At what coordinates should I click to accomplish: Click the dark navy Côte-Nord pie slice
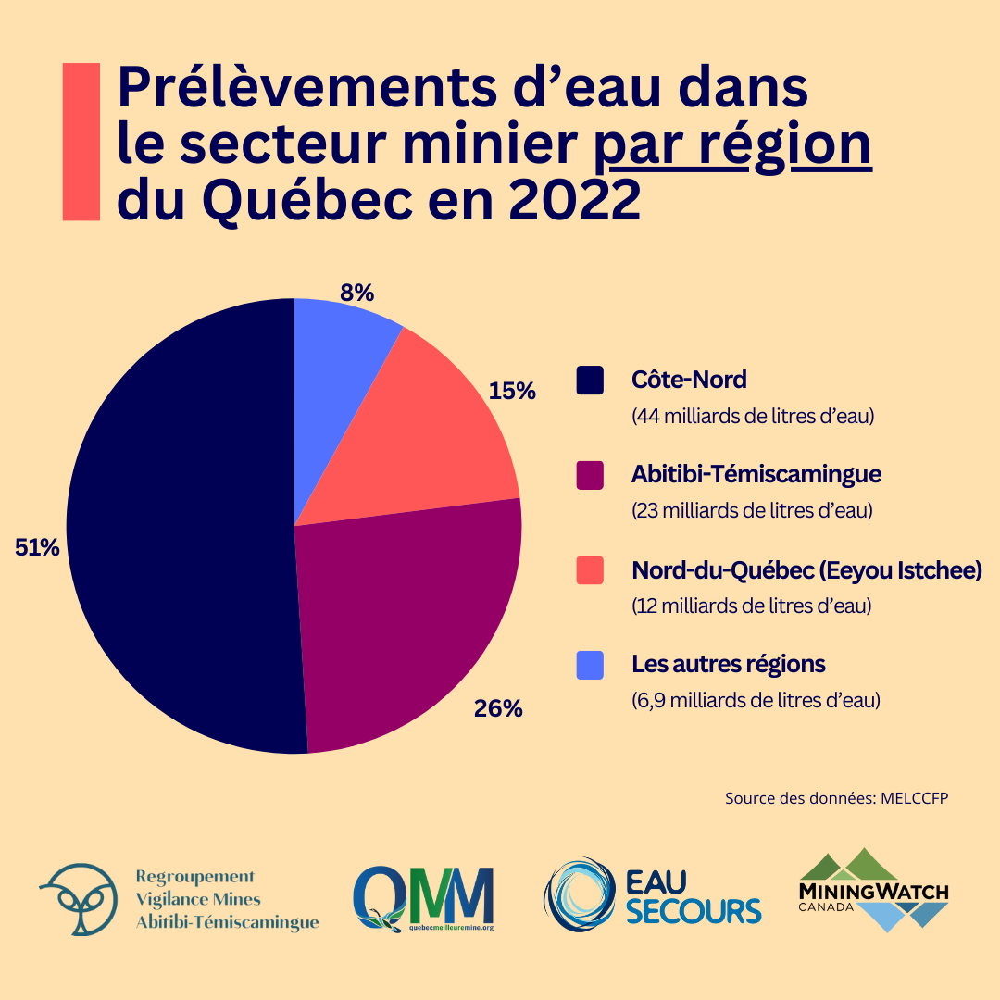(x=176, y=528)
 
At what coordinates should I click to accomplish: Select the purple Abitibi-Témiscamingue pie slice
(x=407, y=611)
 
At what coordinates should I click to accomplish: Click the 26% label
(x=498, y=709)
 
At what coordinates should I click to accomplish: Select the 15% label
(x=512, y=391)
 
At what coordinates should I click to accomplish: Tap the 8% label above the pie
(x=356, y=293)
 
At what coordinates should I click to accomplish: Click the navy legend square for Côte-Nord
(x=590, y=380)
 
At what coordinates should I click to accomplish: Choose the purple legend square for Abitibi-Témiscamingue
(x=590, y=475)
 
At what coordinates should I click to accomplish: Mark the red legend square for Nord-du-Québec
(x=590, y=570)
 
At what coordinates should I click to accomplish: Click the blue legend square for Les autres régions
(x=590, y=665)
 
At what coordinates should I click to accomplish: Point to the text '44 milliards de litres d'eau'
(x=753, y=417)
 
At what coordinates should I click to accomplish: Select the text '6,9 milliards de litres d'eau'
(x=756, y=700)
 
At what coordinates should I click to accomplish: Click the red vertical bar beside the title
(x=81, y=142)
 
